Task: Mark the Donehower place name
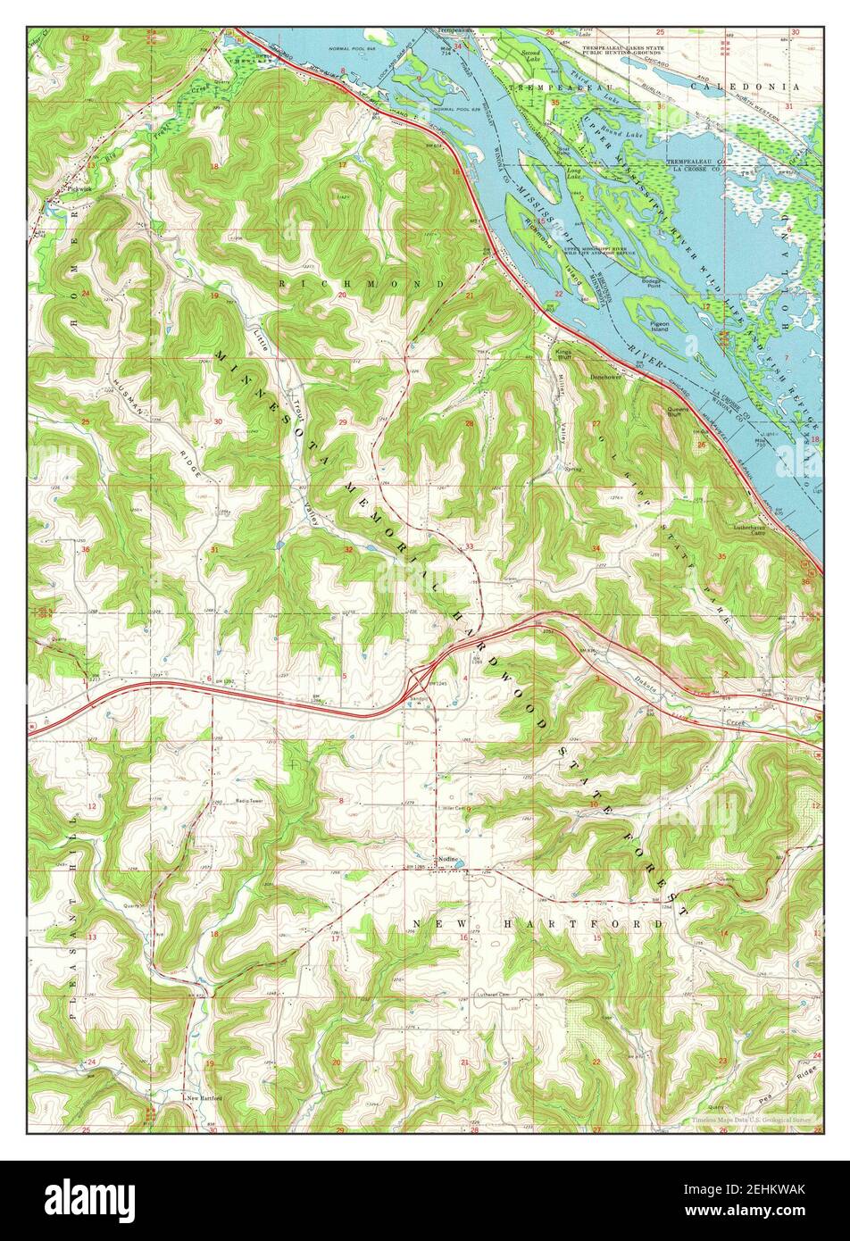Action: point(604,377)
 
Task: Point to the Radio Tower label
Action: point(247,803)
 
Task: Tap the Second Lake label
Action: point(531,57)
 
